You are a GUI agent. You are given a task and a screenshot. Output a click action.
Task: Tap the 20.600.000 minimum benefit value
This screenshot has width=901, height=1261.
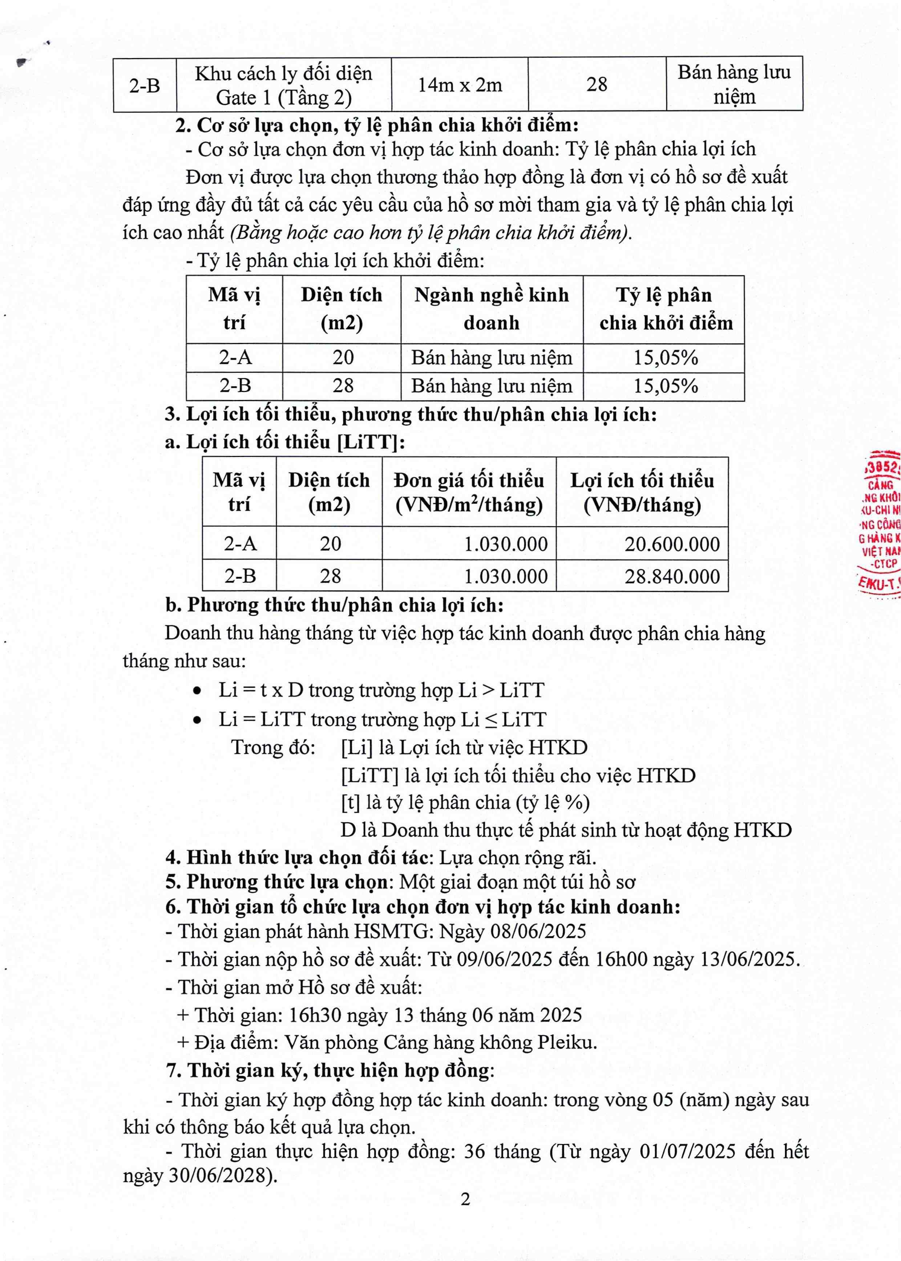(672, 544)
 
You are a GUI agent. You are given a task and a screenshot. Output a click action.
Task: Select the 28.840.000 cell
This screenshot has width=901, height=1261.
(672, 576)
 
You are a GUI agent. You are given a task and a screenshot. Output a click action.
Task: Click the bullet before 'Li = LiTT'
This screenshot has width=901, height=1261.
(197, 720)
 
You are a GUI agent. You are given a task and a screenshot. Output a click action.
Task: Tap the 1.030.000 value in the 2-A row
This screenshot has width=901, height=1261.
(505, 544)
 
